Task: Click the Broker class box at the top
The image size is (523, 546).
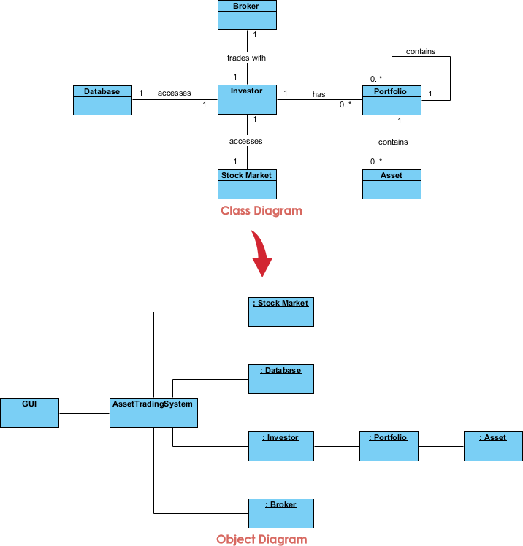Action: (247, 15)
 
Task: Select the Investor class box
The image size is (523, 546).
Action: (247, 100)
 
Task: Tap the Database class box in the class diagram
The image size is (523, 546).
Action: (102, 100)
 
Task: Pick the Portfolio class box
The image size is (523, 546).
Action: (392, 100)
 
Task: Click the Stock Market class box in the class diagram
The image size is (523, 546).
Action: (247, 184)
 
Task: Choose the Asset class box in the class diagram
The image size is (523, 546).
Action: (392, 184)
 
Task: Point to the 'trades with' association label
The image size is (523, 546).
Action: (247, 57)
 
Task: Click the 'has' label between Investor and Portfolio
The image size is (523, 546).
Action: (318, 94)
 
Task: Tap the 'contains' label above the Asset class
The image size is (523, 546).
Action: (393, 142)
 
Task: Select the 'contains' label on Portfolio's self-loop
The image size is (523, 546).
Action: (421, 52)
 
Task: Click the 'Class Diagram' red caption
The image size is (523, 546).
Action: (261, 211)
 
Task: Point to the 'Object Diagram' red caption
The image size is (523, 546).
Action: (261, 539)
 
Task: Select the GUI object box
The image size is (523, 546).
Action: (29, 412)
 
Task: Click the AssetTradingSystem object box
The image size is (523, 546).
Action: (153, 412)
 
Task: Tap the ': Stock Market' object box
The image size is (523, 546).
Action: (280, 312)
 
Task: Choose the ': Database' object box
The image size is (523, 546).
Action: (280, 379)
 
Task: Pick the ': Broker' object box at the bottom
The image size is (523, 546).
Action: (280, 513)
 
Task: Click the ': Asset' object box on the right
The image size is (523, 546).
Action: (493, 446)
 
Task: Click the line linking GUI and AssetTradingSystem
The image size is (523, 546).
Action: (84, 413)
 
